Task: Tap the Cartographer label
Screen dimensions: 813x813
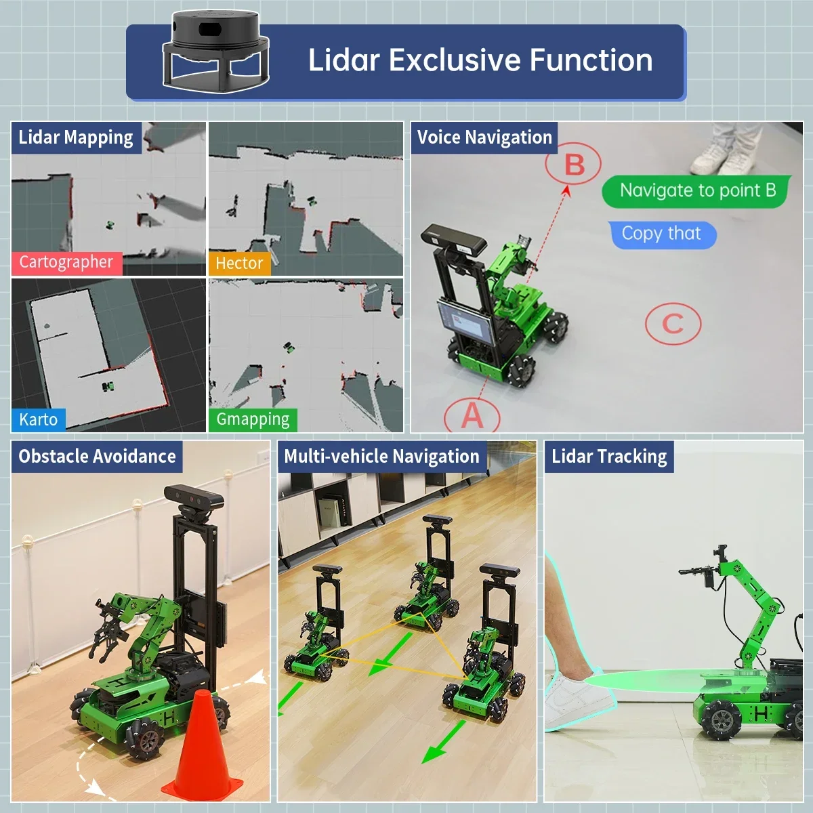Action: [66, 262]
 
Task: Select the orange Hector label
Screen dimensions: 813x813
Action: [239, 263]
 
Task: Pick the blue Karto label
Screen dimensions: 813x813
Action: [39, 419]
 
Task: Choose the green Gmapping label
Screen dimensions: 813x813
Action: [253, 419]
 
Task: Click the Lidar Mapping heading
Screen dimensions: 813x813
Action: [76, 138]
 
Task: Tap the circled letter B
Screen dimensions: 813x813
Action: [574, 165]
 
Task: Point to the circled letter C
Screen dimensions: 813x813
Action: [672, 324]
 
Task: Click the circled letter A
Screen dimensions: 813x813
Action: [472, 414]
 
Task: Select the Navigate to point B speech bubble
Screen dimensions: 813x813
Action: [696, 190]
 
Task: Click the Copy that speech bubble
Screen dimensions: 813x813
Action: [661, 234]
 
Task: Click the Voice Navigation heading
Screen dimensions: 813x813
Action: [484, 138]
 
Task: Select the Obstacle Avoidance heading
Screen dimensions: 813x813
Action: [97, 457]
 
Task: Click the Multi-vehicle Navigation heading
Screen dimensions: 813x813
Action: [381, 457]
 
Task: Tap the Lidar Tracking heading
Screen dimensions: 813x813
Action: [609, 457]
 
